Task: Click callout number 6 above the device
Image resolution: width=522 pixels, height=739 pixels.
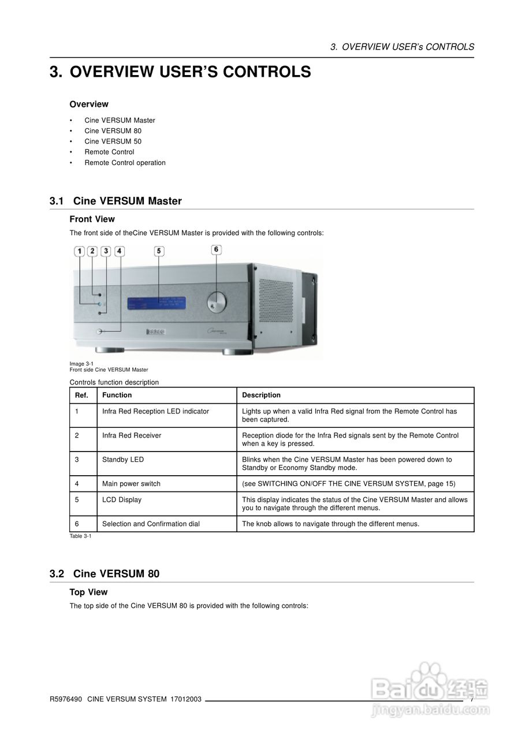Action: pos(216,249)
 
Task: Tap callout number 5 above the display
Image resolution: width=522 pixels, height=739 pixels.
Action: pos(159,251)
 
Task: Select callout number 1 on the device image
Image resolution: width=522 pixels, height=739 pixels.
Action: pos(79,251)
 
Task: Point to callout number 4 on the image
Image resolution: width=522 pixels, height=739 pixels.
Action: pos(119,251)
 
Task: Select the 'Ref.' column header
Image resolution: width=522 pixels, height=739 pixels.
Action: pos(81,395)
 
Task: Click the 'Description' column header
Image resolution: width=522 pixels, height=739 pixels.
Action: pos(261,395)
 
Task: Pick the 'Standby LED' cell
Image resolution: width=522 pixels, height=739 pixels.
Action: pos(123,460)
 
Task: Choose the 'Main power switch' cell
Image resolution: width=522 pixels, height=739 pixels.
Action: pos(131,484)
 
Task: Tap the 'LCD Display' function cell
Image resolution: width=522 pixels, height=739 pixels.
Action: pos(122,500)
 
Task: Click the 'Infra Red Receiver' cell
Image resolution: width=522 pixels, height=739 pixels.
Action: pos(132,435)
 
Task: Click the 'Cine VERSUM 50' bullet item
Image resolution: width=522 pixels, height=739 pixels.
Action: pos(113,141)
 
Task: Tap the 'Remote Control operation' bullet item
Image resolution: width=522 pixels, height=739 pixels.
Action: pos(125,163)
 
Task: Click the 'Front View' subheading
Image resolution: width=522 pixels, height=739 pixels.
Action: pos(92,219)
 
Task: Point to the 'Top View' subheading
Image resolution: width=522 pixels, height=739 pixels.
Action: pos(88,592)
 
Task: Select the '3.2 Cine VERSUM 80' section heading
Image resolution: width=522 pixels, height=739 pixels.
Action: pos(105,574)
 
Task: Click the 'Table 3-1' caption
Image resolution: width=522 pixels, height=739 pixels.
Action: pos(80,536)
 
